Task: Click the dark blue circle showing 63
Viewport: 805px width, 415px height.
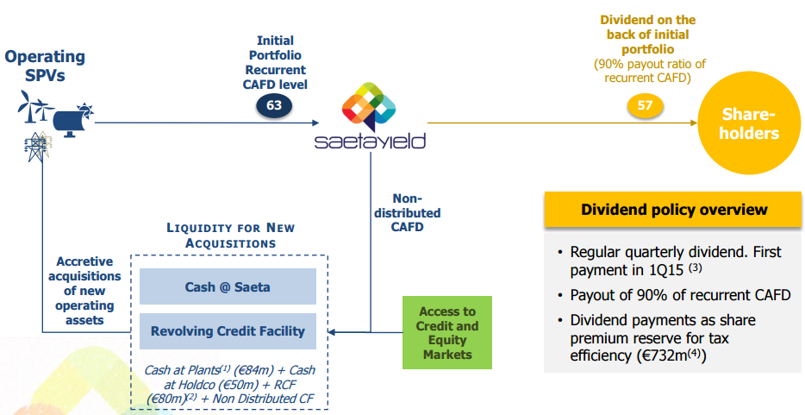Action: point(274,105)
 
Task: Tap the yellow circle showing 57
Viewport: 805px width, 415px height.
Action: point(645,105)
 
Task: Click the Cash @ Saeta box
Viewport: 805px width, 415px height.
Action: point(228,286)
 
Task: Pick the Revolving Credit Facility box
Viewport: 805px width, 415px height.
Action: point(228,331)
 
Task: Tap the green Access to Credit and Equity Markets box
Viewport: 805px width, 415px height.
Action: point(446,333)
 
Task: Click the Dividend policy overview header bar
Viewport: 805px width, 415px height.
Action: point(674,210)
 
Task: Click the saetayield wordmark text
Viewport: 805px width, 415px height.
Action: point(370,141)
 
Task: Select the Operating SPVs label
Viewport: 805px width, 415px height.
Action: point(45,66)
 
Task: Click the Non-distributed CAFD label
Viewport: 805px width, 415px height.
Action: point(409,213)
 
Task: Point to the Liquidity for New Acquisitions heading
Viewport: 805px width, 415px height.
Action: point(230,236)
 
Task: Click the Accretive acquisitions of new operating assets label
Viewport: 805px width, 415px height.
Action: point(84,291)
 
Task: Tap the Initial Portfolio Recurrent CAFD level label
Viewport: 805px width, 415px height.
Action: point(275,63)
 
